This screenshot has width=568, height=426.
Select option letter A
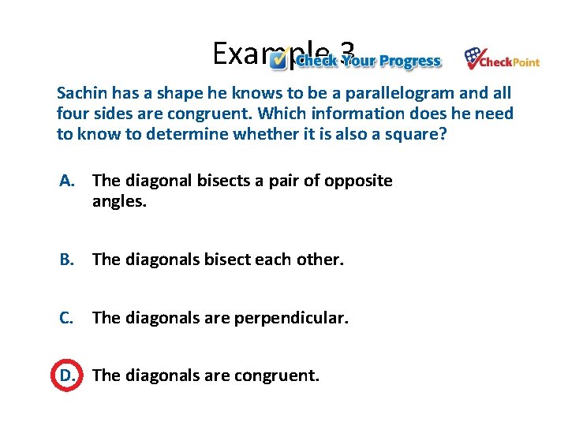[67, 181]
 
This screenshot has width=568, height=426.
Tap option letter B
[67, 259]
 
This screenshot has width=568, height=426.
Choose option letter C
[67, 318]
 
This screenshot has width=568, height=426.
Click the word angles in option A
[119, 202]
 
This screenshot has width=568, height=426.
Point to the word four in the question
[73, 114]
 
